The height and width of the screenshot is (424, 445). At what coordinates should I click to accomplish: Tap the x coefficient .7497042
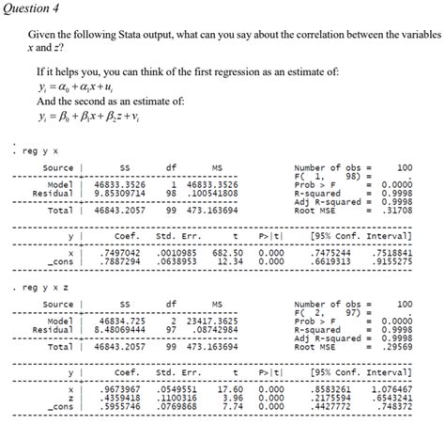119,252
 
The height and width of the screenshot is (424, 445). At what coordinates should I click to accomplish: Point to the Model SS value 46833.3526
120,185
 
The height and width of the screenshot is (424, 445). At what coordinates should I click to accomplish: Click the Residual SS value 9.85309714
120,194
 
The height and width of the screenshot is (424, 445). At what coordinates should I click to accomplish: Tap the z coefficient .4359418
119,396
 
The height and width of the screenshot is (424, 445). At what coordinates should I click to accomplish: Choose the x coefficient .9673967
119,387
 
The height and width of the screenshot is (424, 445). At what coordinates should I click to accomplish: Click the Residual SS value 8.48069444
120,330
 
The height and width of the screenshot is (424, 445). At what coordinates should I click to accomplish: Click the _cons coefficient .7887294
119,261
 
